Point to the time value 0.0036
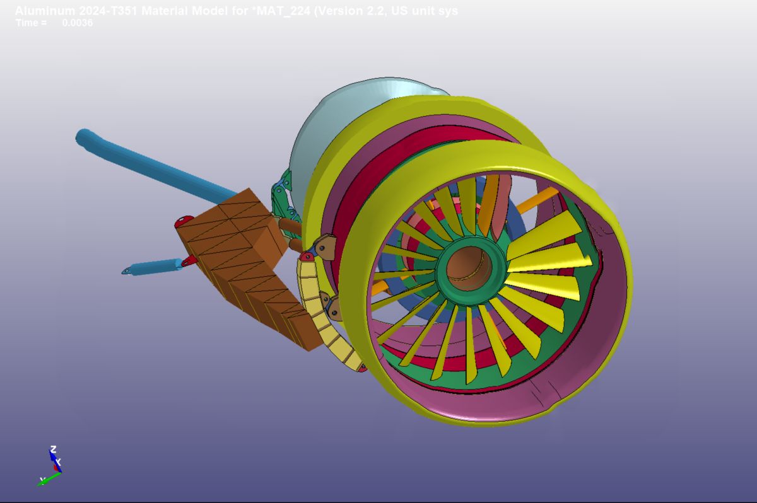[78, 23]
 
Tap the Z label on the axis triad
[53, 449]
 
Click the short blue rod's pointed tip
[127, 271]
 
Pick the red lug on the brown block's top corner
[184, 221]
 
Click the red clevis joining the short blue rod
[189, 260]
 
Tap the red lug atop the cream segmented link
[307, 257]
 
